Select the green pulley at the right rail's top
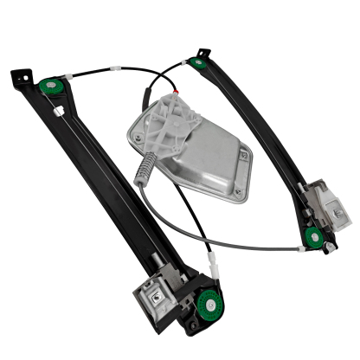pyautogui.click(x=200, y=62)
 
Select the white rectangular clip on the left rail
pyautogui.click(x=57, y=111)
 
